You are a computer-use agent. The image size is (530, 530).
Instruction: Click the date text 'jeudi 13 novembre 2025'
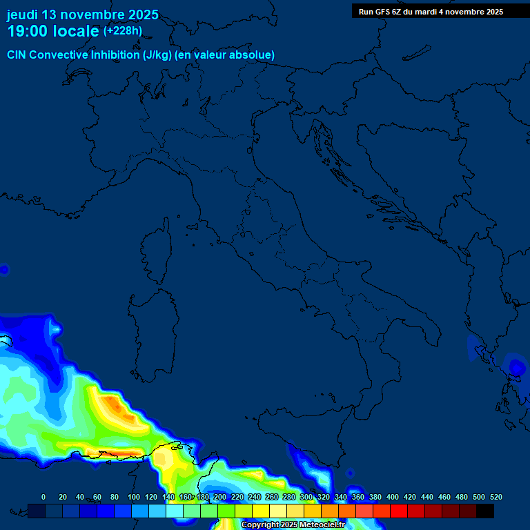tap(82, 14)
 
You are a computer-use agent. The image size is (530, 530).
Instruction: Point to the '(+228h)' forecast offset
tap(122, 31)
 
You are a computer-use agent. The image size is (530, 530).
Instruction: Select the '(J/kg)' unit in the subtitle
tap(157, 55)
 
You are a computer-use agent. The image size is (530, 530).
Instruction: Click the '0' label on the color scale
tap(43, 497)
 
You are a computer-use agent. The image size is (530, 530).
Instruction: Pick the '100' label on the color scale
tap(133, 497)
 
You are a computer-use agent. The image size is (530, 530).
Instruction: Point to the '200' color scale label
tap(219, 497)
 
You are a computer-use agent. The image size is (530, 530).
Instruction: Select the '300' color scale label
tap(306, 497)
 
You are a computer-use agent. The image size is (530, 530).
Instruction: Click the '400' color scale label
tap(392, 497)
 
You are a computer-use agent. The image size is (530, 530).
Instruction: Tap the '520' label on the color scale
tap(495, 497)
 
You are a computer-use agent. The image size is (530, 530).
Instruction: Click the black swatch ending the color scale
tap(485, 511)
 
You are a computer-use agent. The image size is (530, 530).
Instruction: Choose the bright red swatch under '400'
tap(399, 511)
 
